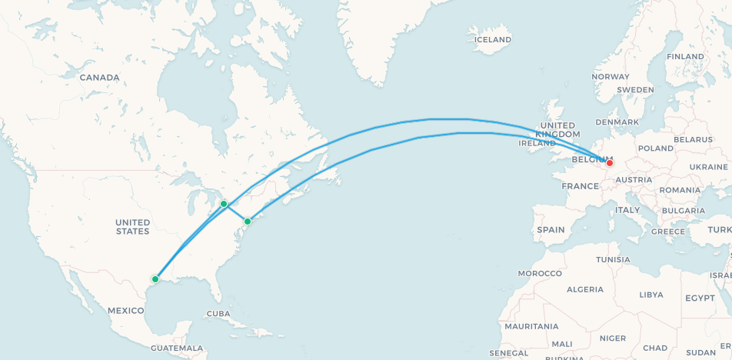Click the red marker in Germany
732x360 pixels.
[x=610, y=163]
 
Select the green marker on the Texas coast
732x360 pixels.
[x=155, y=279]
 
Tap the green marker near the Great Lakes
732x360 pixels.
[x=224, y=204]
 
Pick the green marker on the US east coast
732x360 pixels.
[x=248, y=222]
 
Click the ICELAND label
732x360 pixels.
[x=493, y=40]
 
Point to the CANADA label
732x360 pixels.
[x=100, y=78]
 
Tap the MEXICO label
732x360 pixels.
[x=126, y=310]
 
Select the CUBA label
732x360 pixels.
[x=218, y=314]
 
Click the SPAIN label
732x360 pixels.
[x=551, y=230]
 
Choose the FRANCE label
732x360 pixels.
[x=580, y=186]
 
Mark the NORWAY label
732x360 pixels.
[x=611, y=77]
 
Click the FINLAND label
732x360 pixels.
[x=685, y=57]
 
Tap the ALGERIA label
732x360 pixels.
[x=585, y=289]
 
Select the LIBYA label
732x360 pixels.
[x=650, y=295]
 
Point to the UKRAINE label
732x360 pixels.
[x=708, y=167]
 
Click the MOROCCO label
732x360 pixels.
[x=540, y=274]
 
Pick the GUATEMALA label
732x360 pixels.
[x=178, y=348]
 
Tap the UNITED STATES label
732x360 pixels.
[x=132, y=227]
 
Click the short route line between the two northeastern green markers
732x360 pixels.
[x=236, y=213]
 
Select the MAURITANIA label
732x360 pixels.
[x=530, y=327]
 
